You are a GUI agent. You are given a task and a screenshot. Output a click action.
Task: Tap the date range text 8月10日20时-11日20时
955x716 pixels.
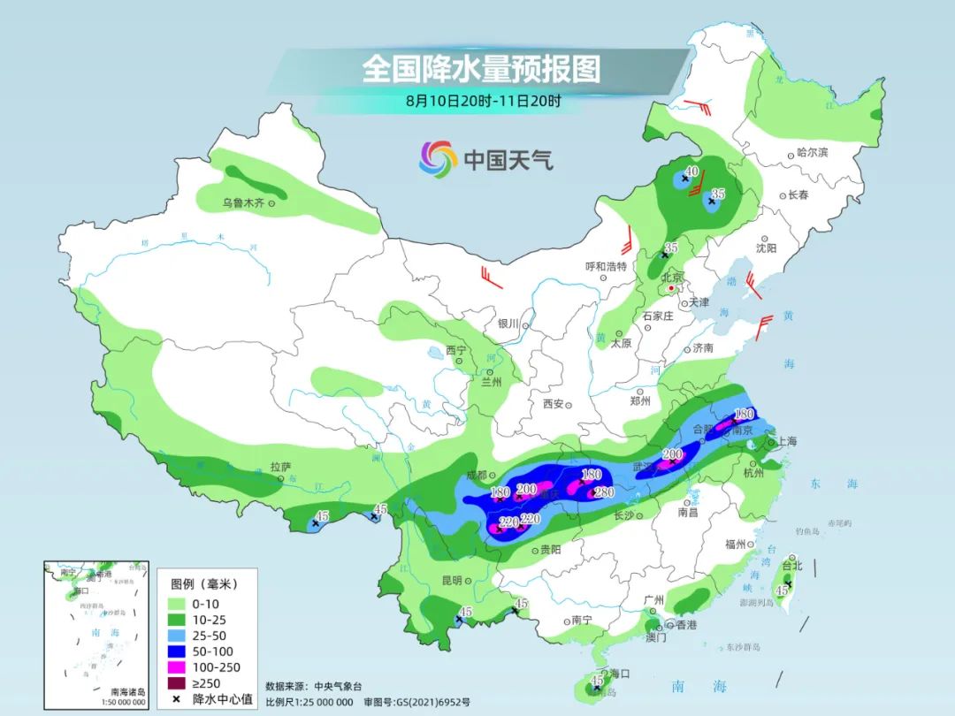(x=483, y=101)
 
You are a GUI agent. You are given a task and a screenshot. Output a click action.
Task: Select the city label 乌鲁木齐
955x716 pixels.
(x=243, y=203)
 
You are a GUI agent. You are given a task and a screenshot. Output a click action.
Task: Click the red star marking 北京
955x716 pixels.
(x=672, y=288)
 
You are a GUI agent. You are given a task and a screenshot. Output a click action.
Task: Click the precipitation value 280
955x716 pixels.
(x=604, y=492)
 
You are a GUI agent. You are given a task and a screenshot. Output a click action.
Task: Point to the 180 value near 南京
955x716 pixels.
(x=744, y=414)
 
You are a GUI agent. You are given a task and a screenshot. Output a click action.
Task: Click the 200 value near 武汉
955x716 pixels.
(x=672, y=454)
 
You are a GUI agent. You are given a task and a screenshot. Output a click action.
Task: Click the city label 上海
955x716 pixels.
(x=785, y=442)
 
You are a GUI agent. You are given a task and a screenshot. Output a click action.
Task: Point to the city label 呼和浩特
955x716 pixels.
(x=606, y=266)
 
